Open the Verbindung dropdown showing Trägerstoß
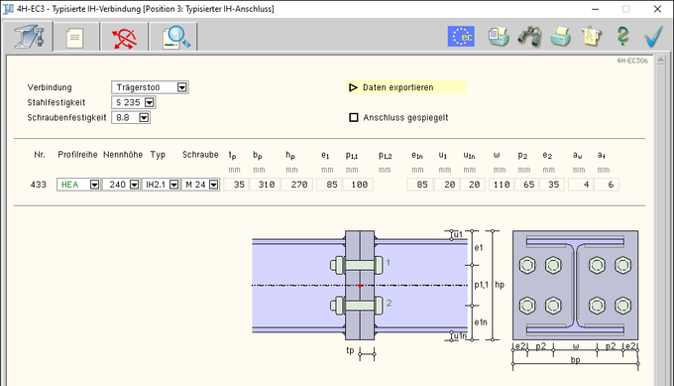[x=150, y=87]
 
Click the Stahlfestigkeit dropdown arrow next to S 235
[x=149, y=102]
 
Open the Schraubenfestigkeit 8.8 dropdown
[x=131, y=117]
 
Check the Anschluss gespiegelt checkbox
[x=353, y=117]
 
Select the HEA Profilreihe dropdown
[x=78, y=185]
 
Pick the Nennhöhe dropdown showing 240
[x=121, y=185]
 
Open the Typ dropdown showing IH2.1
[x=161, y=185]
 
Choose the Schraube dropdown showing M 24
[x=201, y=185]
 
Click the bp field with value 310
[x=266, y=185]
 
